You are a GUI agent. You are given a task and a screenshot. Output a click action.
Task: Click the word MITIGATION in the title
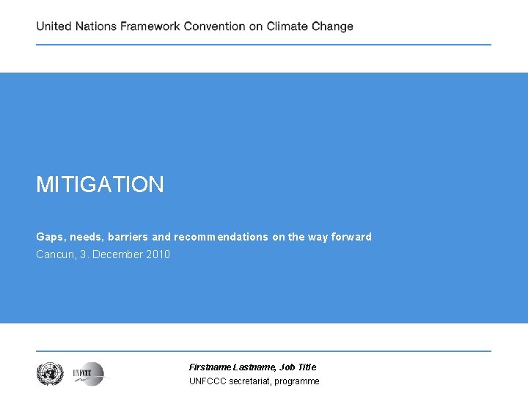(x=100, y=185)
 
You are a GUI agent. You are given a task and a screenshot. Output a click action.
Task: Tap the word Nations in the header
(x=97, y=26)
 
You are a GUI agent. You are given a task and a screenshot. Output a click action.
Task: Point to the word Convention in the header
(x=214, y=26)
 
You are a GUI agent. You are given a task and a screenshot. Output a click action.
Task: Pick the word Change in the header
(x=333, y=26)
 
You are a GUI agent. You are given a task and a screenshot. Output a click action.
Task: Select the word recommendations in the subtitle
(x=221, y=237)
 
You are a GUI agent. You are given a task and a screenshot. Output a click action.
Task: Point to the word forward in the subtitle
(x=352, y=237)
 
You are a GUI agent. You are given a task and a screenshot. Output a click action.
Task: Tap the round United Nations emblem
(x=51, y=374)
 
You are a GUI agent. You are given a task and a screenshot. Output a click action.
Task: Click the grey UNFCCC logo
(x=88, y=374)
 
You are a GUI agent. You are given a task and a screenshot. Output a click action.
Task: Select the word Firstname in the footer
(x=210, y=367)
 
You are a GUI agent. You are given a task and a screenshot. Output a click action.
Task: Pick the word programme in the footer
(x=297, y=381)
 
